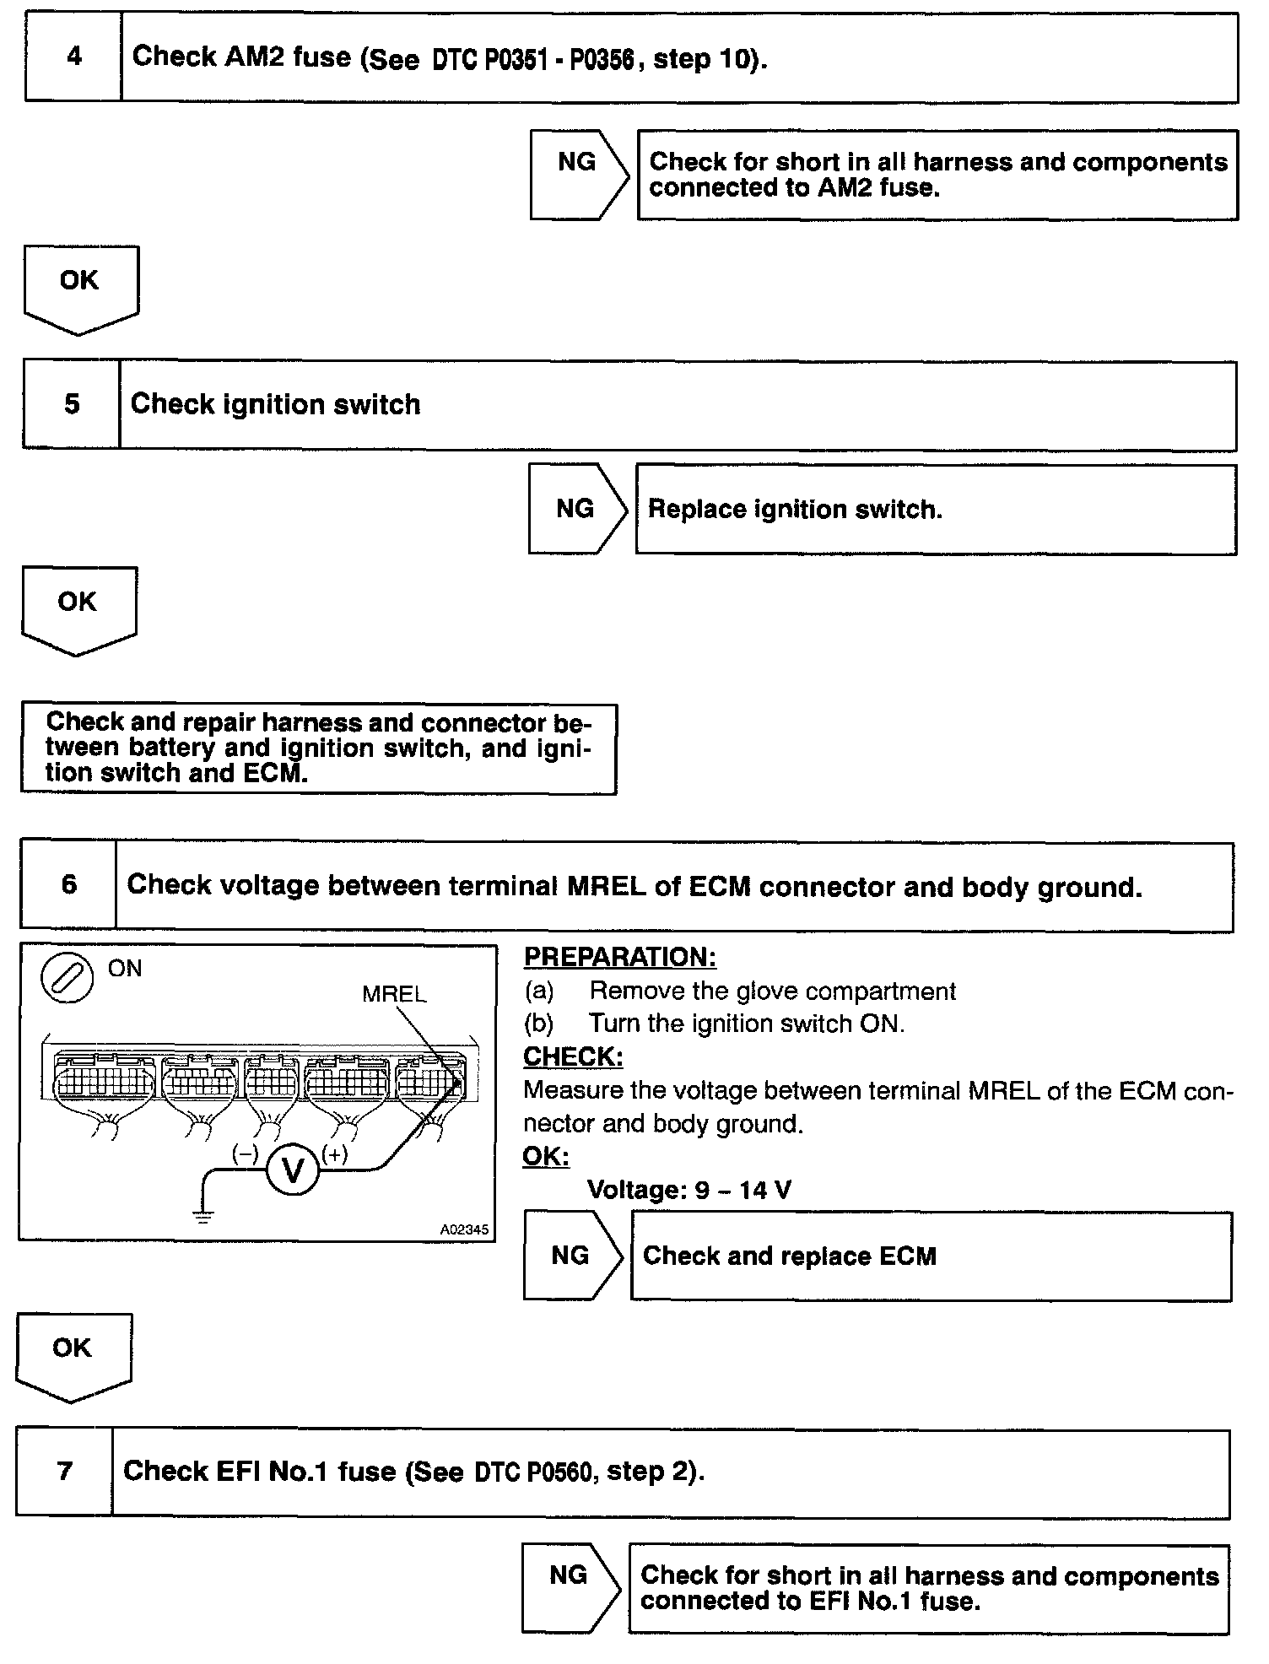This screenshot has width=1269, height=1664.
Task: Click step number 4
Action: (74, 57)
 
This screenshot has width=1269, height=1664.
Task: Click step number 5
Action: (73, 405)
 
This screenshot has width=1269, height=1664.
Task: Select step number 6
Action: (69, 885)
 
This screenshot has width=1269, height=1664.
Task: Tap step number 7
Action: (65, 1472)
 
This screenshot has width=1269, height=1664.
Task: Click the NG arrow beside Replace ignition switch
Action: (577, 509)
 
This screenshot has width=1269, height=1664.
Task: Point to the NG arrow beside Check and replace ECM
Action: (572, 1256)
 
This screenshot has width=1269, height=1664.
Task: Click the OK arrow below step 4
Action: (80, 288)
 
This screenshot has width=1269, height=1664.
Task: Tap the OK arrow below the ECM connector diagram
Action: (73, 1355)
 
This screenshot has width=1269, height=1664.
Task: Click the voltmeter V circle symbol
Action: (293, 1170)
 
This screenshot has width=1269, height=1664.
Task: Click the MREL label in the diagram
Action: (394, 994)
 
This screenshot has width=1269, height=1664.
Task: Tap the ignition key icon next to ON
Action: (67, 981)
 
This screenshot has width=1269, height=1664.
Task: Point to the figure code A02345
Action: (464, 1229)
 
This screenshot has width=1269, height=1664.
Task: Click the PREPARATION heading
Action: (620, 957)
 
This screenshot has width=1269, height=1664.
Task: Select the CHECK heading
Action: (573, 1056)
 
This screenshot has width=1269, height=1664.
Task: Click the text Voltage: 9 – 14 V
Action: (688, 1190)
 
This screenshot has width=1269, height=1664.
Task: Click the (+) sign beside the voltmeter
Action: (335, 1154)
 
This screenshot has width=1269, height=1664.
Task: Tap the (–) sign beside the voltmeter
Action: (245, 1154)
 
